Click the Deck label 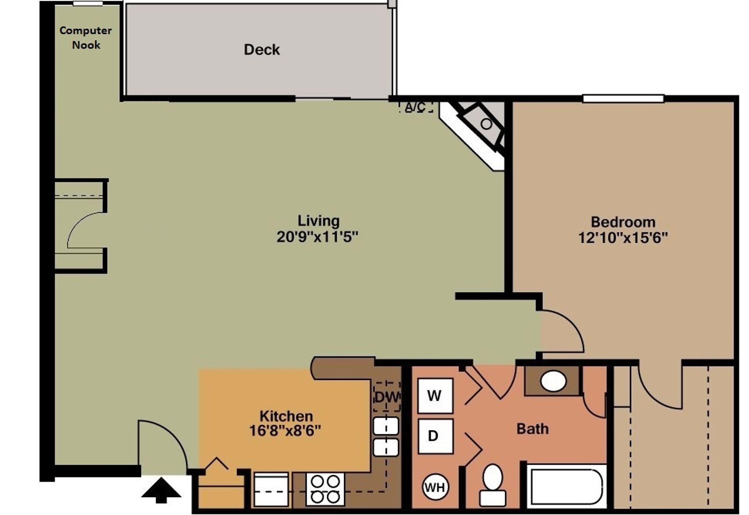tap(261, 50)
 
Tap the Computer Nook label tap(86, 37)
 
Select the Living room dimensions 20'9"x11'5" tap(317, 237)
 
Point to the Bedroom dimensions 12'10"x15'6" tap(623, 238)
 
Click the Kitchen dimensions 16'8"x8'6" tap(285, 431)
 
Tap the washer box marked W tap(435, 396)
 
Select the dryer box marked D tap(435, 436)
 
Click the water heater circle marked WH tap(435, 487)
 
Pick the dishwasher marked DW tap(387, 397)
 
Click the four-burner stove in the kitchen tap(325, 489)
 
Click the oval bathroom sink tap(554, 381)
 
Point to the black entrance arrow tap(161, 491)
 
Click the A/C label tap(415, 107)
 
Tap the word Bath tap(532, 429)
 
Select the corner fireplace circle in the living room tap(486, 124)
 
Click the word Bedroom tap(623, 222)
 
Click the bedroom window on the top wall tap(623, 98)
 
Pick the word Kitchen tap(286, 416)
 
